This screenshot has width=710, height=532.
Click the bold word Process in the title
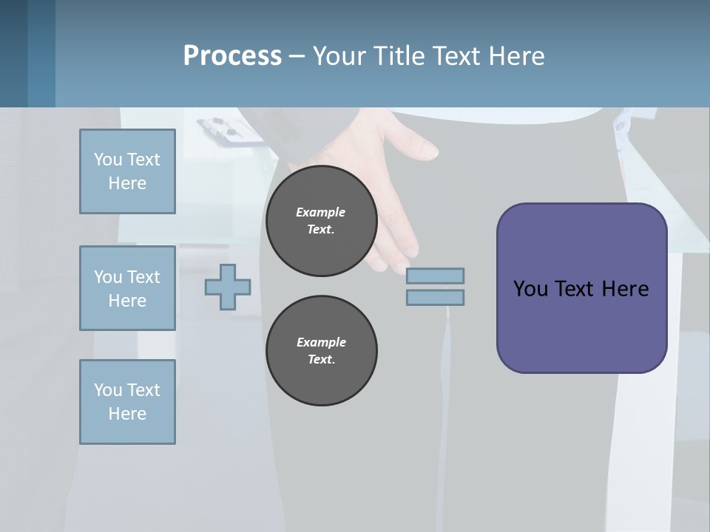click(x=232, y=56)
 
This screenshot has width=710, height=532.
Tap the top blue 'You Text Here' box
click(x=127, y=171)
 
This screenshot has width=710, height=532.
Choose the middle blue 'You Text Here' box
click(x=127, y=288)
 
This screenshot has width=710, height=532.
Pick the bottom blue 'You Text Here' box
click(x=127, y=402)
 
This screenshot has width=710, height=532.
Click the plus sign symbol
click(x=228, y=286)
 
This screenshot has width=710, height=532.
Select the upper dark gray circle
click(x=322, y=221)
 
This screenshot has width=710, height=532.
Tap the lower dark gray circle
click(x=322, y=351)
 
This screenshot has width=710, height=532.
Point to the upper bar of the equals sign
click(x=436, y=276)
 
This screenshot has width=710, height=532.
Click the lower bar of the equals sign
click(x=436, y=297)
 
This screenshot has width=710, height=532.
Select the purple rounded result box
click(x=581, y=287)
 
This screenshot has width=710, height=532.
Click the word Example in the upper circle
click(x=321, y=212)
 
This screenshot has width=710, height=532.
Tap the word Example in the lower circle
click(x=321, y=342)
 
